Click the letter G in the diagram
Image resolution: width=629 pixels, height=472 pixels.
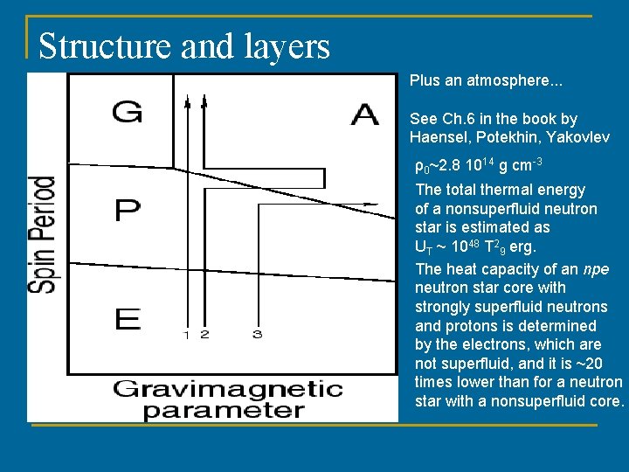click(x=128, y=113)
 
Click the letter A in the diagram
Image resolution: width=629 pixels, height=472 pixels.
click(x=364, y=114)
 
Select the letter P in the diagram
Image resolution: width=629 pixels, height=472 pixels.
click(x=128, y=211)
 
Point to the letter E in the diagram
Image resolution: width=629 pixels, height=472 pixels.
click(x=128, y=318)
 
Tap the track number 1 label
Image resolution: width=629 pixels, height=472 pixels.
click(x=186, y=335)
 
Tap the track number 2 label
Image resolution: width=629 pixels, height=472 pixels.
click(x=204, y=335)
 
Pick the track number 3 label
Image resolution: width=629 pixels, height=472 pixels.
click(x=257, y=335)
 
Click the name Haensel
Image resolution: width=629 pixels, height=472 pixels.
click(x=439, y=137)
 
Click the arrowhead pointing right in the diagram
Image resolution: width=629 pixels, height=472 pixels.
click(x=373, y=204)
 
